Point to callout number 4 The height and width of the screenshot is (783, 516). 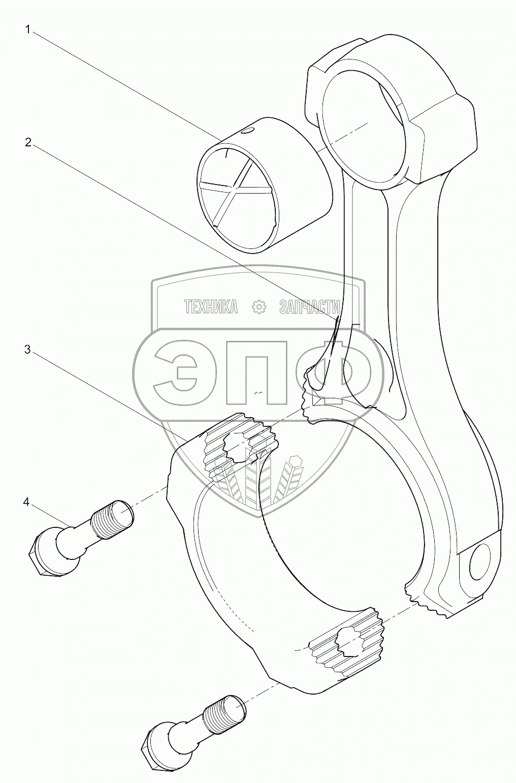pos(26,502)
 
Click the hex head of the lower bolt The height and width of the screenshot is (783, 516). pos(156,746)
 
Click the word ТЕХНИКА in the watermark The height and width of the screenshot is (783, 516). pos(210,306)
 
